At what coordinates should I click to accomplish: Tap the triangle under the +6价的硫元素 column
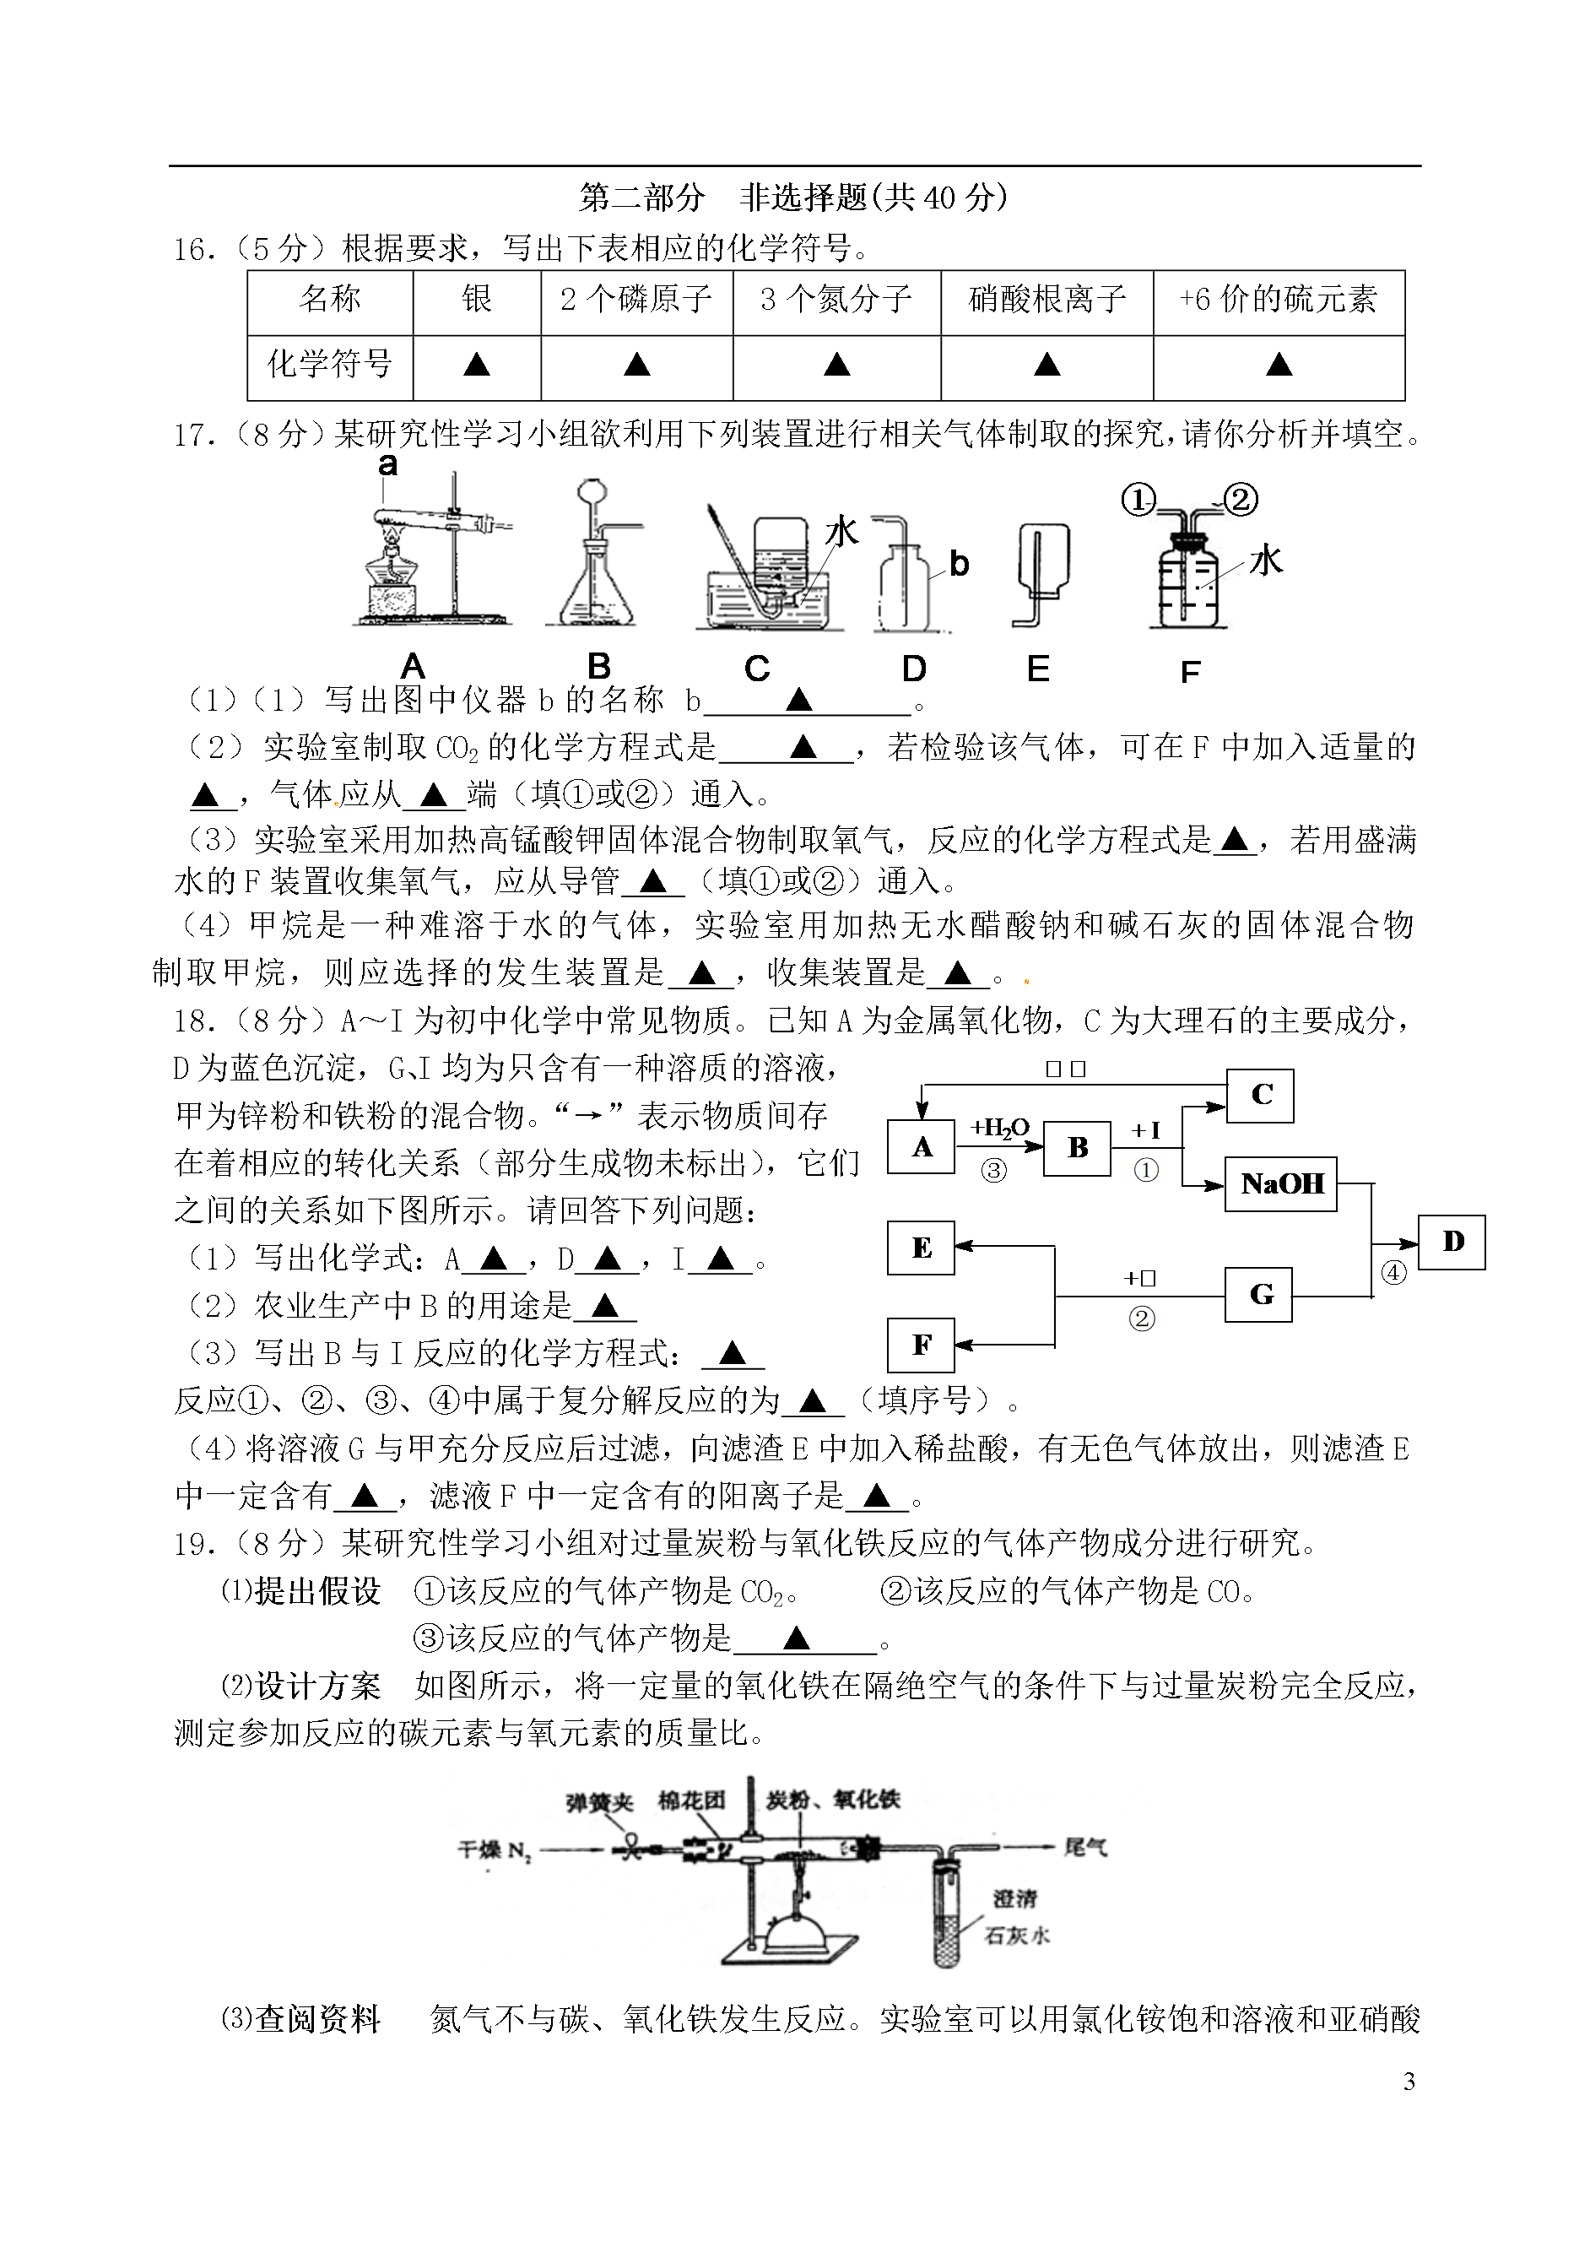pos(1279,365)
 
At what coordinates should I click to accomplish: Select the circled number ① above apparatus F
pos(1138,501)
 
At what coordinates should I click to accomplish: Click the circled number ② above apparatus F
pos(1240,501)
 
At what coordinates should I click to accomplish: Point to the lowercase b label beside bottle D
pos(959,564)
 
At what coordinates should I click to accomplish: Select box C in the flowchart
pos(1261,1095)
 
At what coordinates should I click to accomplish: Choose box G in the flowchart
pos(1260,1294)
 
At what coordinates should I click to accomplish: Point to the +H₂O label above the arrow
pos(999,1129)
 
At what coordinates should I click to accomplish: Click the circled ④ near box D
pos(1393,1273)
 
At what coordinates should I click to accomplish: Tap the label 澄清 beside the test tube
pos(1014,1899)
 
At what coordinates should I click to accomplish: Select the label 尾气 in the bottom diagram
pos(1086,1848)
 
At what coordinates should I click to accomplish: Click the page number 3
pos(1409,2082)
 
